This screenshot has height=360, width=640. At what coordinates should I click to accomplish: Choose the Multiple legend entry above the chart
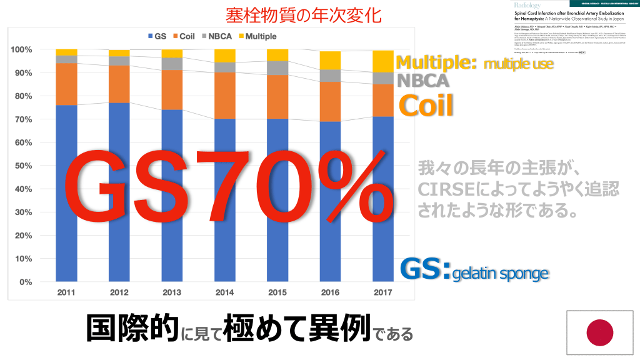[256, 36]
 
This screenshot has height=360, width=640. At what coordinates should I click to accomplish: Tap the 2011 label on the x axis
[67, 292]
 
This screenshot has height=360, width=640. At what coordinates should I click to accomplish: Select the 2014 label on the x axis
[225, 292]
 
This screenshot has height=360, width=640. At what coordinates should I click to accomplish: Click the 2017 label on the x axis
[383, 292]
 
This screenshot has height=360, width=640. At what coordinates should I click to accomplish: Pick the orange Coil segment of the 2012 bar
[119, 84]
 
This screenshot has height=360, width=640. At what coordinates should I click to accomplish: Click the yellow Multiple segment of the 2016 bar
[331, 60]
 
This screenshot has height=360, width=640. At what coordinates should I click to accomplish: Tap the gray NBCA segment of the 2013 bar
[172, 63]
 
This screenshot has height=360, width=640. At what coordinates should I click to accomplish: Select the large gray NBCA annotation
[422, 81]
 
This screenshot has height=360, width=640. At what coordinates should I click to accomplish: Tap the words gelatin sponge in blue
[499, 273]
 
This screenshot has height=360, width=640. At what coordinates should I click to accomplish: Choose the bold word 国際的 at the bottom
[132, 329]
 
